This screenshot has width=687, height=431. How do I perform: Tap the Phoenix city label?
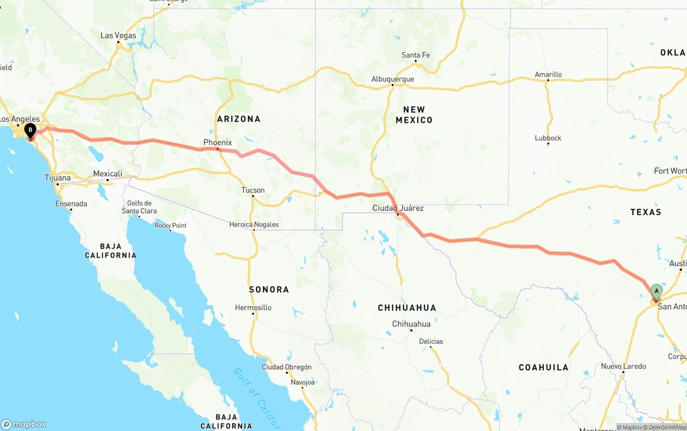pyautogui.click(x=217, y=142)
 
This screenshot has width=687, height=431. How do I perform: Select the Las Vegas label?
pyautogui.click(x=119, y=35)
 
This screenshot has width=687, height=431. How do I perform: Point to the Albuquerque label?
pyautogui.click(x=392, y=79)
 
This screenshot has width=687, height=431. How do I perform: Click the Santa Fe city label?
pyautogui.click(x=415, y=55)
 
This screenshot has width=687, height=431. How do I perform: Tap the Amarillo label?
pyautogui.click(x=548, y=75)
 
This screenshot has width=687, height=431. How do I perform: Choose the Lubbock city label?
pyautogui.click(x=548, y=138)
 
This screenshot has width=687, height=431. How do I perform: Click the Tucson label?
pyautogui.click(x=253, y=190)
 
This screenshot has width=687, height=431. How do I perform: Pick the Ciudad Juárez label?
pyautogui.click(x=398, y=208)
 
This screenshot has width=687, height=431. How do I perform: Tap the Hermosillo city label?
pyautogui.click(x=253, y=308)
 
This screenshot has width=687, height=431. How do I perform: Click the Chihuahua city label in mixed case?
pyautogui.click(x=411, y=324)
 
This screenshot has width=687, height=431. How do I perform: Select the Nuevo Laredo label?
pyautogui.click(x=623, y=367)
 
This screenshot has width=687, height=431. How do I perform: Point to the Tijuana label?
pyautogui.click(x=57, y=178)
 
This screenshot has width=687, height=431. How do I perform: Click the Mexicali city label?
pyautogui.click(x=107, y=173)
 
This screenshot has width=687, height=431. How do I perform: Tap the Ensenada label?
pyautogui.click(x=71, y=203)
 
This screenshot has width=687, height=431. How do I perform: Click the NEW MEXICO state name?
pyautogui.click(x=414, y=114)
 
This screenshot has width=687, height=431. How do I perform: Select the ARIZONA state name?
pyautogui.click(x=238, y=119)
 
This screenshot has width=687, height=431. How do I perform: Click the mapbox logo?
pyautogui.click(x=24, y=424)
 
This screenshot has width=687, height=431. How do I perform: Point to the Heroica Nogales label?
pyautogui.click(x=254, y=224)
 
